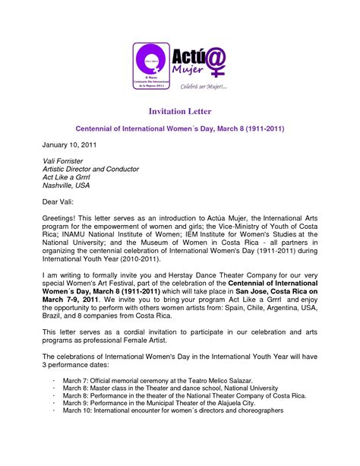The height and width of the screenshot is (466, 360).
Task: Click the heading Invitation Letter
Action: point(180,111)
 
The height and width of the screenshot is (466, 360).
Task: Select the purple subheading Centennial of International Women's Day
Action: point(182,129)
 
